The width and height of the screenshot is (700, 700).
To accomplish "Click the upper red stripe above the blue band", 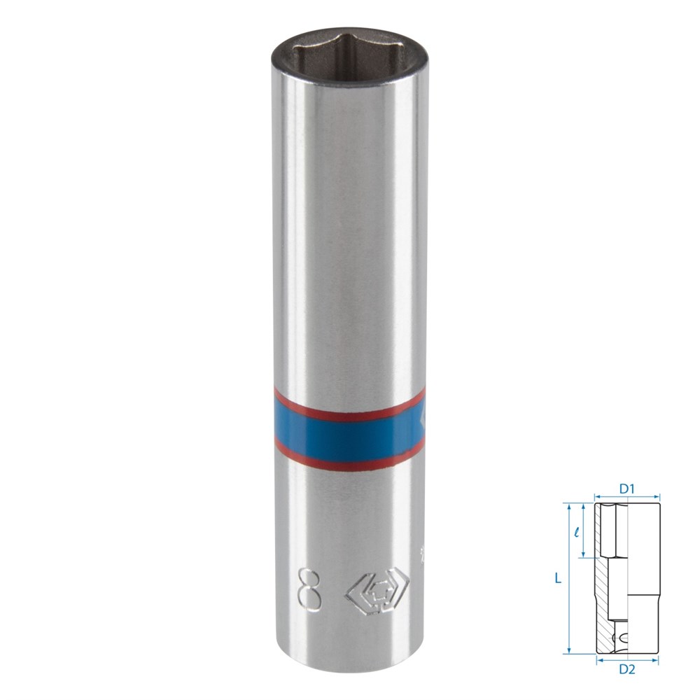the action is [x=348, y=405].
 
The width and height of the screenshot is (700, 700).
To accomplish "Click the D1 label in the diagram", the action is [x=626, y=489].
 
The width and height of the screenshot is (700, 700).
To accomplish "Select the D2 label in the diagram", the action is [x=626, y=669].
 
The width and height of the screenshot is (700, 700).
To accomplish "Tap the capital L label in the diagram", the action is [x=558, y=579].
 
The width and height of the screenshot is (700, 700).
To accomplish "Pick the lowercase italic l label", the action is [x=577, y=532].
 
